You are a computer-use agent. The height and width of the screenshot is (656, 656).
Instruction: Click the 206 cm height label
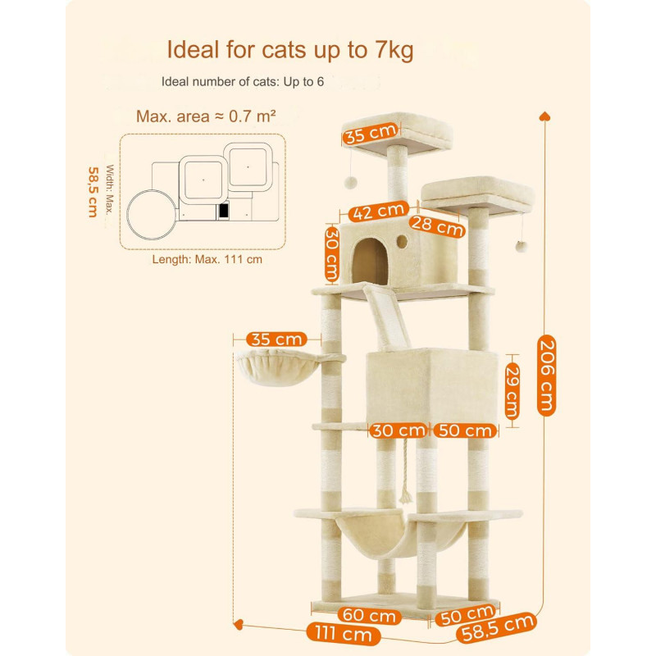(x=546, y=376)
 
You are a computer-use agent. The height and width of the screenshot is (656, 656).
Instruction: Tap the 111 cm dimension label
(x=343, y=634)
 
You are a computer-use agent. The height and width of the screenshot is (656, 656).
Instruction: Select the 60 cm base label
(x=370, y=616)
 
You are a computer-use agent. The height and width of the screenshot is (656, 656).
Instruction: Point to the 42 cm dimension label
(x=379, y=212)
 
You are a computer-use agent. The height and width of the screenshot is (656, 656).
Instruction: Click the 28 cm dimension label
(x=437, y=226)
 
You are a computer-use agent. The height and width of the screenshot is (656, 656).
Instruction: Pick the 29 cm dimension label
(x=512, y=391)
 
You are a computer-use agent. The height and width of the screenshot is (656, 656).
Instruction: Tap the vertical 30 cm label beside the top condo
(x=332, y=254)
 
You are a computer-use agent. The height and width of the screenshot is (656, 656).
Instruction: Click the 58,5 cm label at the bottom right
(x=497, y=627)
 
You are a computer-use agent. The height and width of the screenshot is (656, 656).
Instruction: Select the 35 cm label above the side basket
(x=276, y=339)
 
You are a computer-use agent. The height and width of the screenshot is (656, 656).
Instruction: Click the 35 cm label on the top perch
(x=370, y=134)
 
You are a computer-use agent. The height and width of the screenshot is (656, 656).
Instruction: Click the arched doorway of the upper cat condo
(x=370, y=262)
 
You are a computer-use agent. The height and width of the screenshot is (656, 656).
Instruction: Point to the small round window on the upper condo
(x=402, y=241)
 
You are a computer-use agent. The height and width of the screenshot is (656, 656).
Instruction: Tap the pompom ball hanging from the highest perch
(x=351, y=182)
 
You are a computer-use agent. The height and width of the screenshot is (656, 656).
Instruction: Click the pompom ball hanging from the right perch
(x=521, y=247)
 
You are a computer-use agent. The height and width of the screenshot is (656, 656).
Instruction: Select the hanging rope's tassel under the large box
(x=405, y=497)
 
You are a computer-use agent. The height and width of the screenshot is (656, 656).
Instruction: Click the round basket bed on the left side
(x=278, y=367)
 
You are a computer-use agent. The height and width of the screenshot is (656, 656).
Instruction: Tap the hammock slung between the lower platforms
(x=399, y=536)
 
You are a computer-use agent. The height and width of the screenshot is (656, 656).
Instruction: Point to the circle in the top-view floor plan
(x=152, y=215)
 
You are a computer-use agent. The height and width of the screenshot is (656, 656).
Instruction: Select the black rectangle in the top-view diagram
(x=224, y=211)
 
